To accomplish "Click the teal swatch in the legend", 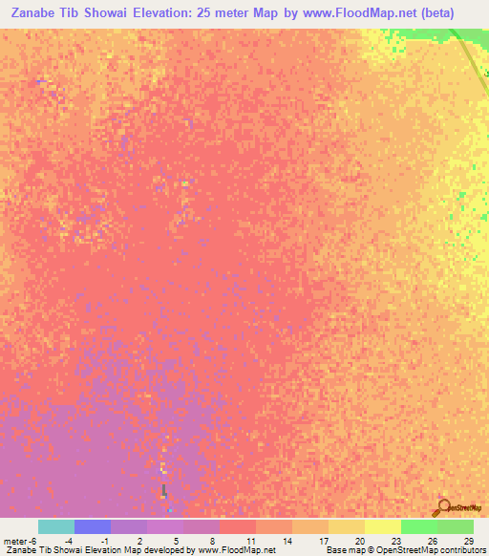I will pyautogui.click(x=56, y=526).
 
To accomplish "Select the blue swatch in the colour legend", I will pyautogui.click(x=93, y=526).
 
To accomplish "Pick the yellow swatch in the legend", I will pyautogui.click(x=382, y=526).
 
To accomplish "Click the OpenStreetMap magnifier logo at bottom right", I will pyautogui.click(x=442, y=506).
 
